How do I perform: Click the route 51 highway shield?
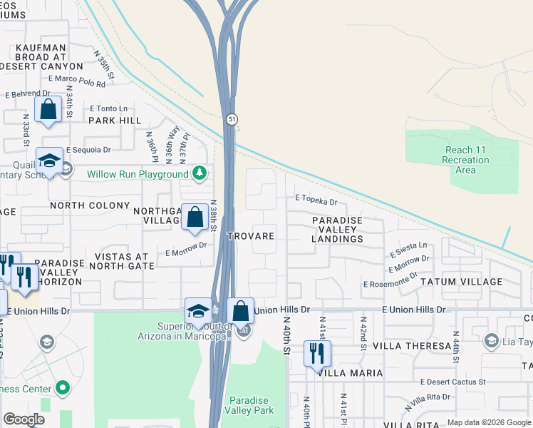click(x=232, y=121)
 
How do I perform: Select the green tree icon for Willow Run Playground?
click(x=201, y=173)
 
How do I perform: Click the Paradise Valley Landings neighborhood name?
click(x=337, y=230)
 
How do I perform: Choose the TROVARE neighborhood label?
click(x=250, y=235)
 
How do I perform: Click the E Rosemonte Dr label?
click(x=389, y=284)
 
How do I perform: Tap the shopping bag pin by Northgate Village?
click(x=195, y=217)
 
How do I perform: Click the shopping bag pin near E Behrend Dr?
click(x=48, y=111)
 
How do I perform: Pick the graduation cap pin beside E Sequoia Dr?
click(x=49, y=163)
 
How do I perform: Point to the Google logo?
click(x=24, y=419)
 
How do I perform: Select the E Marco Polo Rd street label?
click(x=77, y=83)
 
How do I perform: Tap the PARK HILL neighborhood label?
click(x=115, y=121)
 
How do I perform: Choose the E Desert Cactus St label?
click(x=452, y=382)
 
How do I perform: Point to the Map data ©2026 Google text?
click(x=488, y=422)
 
